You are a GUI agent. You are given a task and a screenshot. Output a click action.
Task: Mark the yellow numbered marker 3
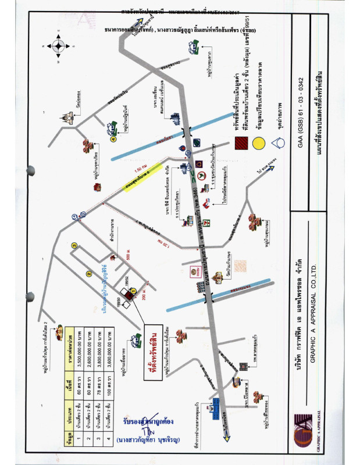74,246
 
